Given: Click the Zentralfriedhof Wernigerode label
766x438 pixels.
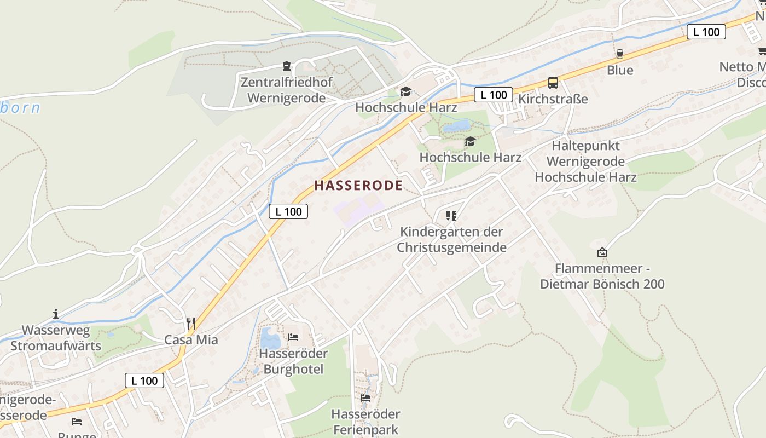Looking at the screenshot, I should point(286,90).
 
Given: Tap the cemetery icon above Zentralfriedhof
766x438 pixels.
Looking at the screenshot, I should point(286,67).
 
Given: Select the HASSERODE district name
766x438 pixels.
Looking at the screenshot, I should point(358,186).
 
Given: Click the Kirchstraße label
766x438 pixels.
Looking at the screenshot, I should point(553,99).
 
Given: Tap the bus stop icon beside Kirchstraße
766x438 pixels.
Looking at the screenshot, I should point(553,83).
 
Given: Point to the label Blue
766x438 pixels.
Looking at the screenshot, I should point(620,70).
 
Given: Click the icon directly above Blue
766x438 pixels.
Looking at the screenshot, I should point(620,54).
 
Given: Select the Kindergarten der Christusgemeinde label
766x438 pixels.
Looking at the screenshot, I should point(451,239).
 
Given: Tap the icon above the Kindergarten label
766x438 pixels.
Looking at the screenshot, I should point(451,216).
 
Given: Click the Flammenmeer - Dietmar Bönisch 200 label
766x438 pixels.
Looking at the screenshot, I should point(602,276).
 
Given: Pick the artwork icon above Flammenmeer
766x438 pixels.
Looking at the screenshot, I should point(602,252).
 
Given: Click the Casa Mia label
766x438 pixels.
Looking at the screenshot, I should point(191,339).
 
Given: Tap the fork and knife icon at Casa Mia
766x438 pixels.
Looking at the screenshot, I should point(190,323).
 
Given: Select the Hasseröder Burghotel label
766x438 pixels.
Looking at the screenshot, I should point(293,361).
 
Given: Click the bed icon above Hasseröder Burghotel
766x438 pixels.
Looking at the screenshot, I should point(293,337).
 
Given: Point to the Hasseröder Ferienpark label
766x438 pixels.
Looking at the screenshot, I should point(365,422).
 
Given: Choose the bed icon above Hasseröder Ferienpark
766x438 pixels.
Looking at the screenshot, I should point(365,397).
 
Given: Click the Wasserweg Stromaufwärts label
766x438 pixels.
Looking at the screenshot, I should point(56,338).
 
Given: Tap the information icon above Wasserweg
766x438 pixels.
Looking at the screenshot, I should point(56,314).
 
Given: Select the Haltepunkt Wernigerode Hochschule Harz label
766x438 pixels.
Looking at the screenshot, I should point(585,162).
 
